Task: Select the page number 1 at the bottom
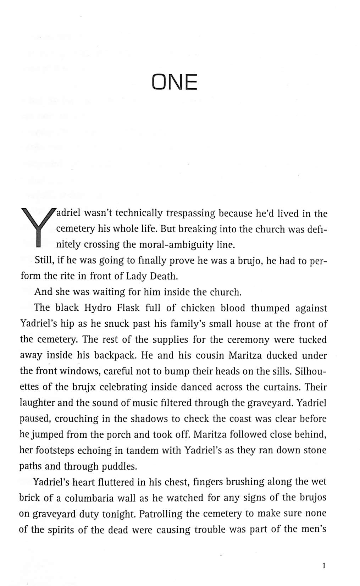[324, 565]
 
